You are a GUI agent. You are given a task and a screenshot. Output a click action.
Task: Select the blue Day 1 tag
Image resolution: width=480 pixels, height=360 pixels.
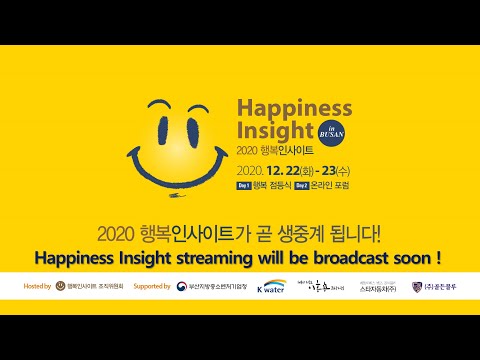[x=244, y=185]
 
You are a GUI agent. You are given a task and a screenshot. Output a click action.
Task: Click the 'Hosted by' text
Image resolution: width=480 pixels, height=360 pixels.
[x=36, y=287]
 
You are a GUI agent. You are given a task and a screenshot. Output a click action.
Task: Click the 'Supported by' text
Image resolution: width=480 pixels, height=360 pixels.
[x=151, y=287]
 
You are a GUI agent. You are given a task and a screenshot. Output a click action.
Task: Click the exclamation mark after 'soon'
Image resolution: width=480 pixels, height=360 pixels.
[x=439, y=258]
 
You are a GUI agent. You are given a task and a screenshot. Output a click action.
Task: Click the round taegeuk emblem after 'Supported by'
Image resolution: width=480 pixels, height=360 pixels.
[x=181, y=287]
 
